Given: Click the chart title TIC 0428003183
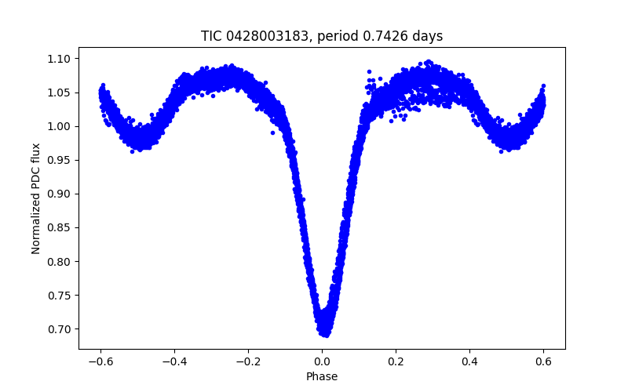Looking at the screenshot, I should pyautogui.click(x=322, y=36).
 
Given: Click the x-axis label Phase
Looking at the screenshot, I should pyautogui.click(x=322, y=377).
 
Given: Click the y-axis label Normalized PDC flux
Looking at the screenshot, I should pyautogui.click(x=36, y=198).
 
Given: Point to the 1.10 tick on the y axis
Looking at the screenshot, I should pyautogui.click(x=62, y=59).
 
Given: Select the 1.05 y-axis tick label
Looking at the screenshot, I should pyautogui.click(x=62, y=93).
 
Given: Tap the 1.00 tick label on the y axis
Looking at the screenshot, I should pyautogui.click(x=62, y=126).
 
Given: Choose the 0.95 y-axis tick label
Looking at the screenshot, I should pyautogui.click(x=62, y=160).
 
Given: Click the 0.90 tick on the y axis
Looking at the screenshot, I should pyautogui.click(x=62, y=194).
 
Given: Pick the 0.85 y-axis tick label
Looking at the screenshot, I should pyautogui.click(x=62, y=227).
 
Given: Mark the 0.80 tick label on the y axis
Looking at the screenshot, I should pyautogui.click(x=62, y=261).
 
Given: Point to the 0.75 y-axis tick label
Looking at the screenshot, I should pyautogui.click(x=62, y=295).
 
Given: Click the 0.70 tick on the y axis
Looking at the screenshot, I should pyautogui.click(x=62, y=328).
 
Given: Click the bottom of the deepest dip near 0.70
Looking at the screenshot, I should pyautogui.click(x=323, y=332).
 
